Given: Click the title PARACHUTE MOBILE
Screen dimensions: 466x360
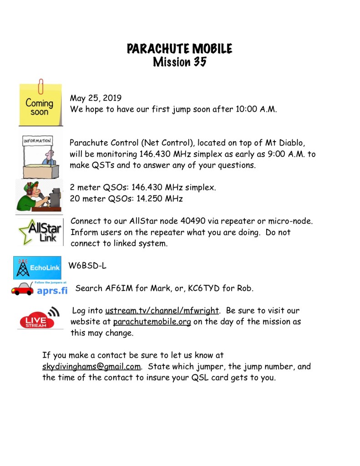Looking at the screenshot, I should point(180,49).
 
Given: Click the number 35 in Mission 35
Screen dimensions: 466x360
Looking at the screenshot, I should point(200,62).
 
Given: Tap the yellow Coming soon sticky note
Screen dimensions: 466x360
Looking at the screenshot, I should point(40,105).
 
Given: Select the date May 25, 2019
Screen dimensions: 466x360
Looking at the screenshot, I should point(96,98).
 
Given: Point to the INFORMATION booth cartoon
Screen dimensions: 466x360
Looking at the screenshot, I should point(38,155).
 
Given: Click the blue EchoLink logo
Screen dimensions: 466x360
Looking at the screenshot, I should point(37,268).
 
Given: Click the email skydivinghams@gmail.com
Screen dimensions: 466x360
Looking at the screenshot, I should point(91,366).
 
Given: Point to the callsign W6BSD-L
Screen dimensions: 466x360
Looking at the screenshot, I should point(87,266).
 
